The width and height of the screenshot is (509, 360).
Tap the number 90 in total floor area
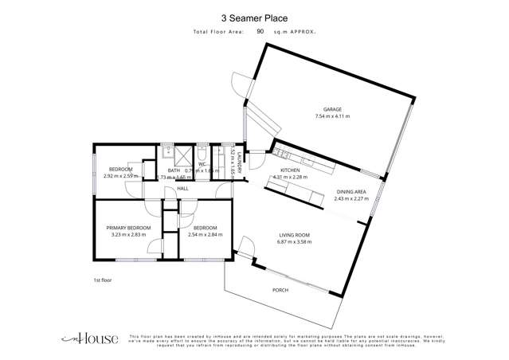pyautogui.click(x=260, y=31)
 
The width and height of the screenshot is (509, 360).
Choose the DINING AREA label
pyautogui.click(x=350, y=191)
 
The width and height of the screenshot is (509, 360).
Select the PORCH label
pyautogui.click(x=280, y=290)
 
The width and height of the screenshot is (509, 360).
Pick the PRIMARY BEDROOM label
pyautogui.click(x=128, y=228)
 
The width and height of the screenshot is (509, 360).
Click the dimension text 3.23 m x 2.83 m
pyautogui.click(x=128, y=236)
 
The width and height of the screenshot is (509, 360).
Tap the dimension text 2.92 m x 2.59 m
pyautogui.click(x=119, y=176)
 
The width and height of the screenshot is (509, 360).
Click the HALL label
pyautogui.click(x=182, y=189)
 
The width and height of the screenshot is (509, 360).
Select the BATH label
pyautogui.click(x=173, y=170)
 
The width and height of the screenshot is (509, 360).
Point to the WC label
pyautogui.click(x=202, y=164)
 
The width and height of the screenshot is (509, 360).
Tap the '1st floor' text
pyautogui.click(x=102, y=280)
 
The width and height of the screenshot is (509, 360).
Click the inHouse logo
pyautogui.click(x=90, y=338)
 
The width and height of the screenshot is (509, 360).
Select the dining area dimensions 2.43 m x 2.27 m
pyautogui.click(x=350, y=199)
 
